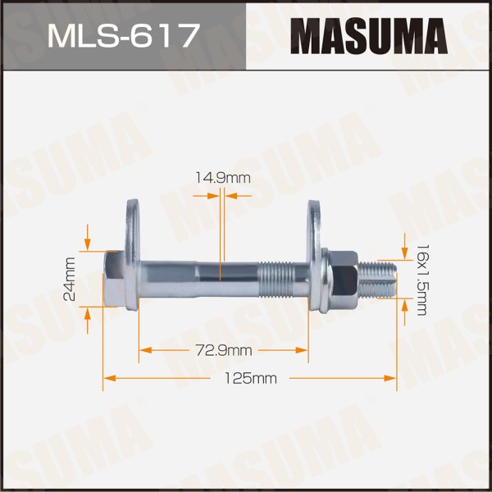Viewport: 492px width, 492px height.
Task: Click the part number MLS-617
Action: click(123, 36)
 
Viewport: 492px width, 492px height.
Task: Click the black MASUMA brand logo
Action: click(369, 36)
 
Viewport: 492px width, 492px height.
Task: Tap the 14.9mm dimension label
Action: click(223, 178)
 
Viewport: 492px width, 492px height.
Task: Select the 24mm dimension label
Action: click(70, 280)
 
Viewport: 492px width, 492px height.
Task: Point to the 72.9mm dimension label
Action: click(223, 350)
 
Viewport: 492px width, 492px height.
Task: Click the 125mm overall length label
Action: click(251, 378)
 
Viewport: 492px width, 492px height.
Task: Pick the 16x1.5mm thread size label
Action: click(421, 280)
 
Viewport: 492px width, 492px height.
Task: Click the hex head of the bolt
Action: click(114, 280)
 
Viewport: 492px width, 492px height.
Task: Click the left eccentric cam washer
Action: click(132, 255)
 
